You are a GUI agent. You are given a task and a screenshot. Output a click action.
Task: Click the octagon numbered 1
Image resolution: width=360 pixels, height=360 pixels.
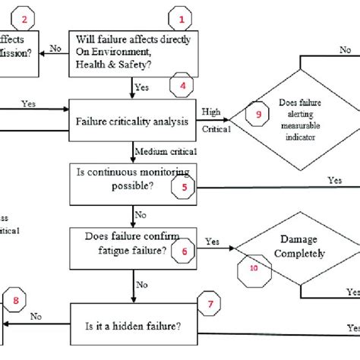click(x=181, y=16)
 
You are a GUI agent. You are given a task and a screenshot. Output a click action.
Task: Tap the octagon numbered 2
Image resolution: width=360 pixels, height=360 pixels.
click(x=25, y=18)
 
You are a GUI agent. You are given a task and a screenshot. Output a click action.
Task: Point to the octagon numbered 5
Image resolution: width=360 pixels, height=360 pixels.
click(x=184, y=184)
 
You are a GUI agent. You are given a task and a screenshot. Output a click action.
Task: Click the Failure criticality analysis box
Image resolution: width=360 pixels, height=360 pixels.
click(x=133, y=118)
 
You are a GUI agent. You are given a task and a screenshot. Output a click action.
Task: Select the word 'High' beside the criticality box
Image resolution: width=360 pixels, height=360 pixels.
click(x=212, y=112)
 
